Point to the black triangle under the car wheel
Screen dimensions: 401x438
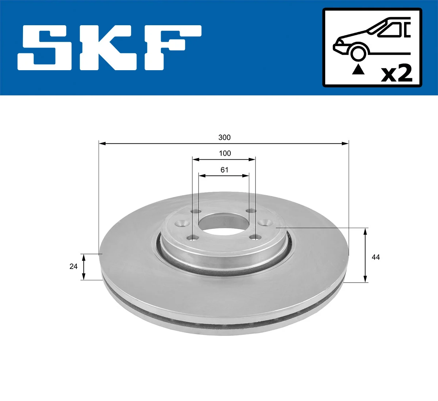tap(358, 69)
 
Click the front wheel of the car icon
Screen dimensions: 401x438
tap(358, 52)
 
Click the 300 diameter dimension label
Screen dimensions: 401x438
tap(224, 137)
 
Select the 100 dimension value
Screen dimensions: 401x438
tap(225, 154)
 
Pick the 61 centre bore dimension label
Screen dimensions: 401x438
tap(224, 170)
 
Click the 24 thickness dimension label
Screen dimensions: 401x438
tap(73, 266)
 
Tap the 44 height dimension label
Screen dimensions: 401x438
tap(376, 257)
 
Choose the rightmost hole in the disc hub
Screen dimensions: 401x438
tap(264, 222)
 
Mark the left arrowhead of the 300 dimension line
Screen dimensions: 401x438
tap(103, 144)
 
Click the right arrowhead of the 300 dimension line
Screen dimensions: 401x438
tap(345, 144)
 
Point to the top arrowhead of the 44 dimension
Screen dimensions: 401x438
tap(365, 231)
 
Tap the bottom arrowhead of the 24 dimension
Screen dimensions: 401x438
tap(84, 276)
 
